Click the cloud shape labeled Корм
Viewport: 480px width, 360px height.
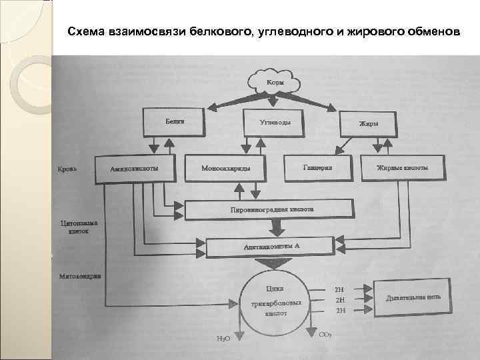click(x=275, y=82)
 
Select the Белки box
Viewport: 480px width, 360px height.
click(x=175, y=123)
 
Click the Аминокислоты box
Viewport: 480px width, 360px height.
click(x=135, y=168)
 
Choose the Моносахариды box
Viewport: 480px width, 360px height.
click(x=226, y=168)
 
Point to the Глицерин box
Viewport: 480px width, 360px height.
click(x=317, y=167)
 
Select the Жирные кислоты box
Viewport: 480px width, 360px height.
click(x=402, y=168)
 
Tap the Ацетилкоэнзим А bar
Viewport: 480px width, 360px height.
click(x=269, y=246)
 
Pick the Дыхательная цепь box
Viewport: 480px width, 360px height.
click(x=413, y=299)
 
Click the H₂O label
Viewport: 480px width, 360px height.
click(x=223, y=339)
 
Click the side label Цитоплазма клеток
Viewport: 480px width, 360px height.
click(x=79, y=229)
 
